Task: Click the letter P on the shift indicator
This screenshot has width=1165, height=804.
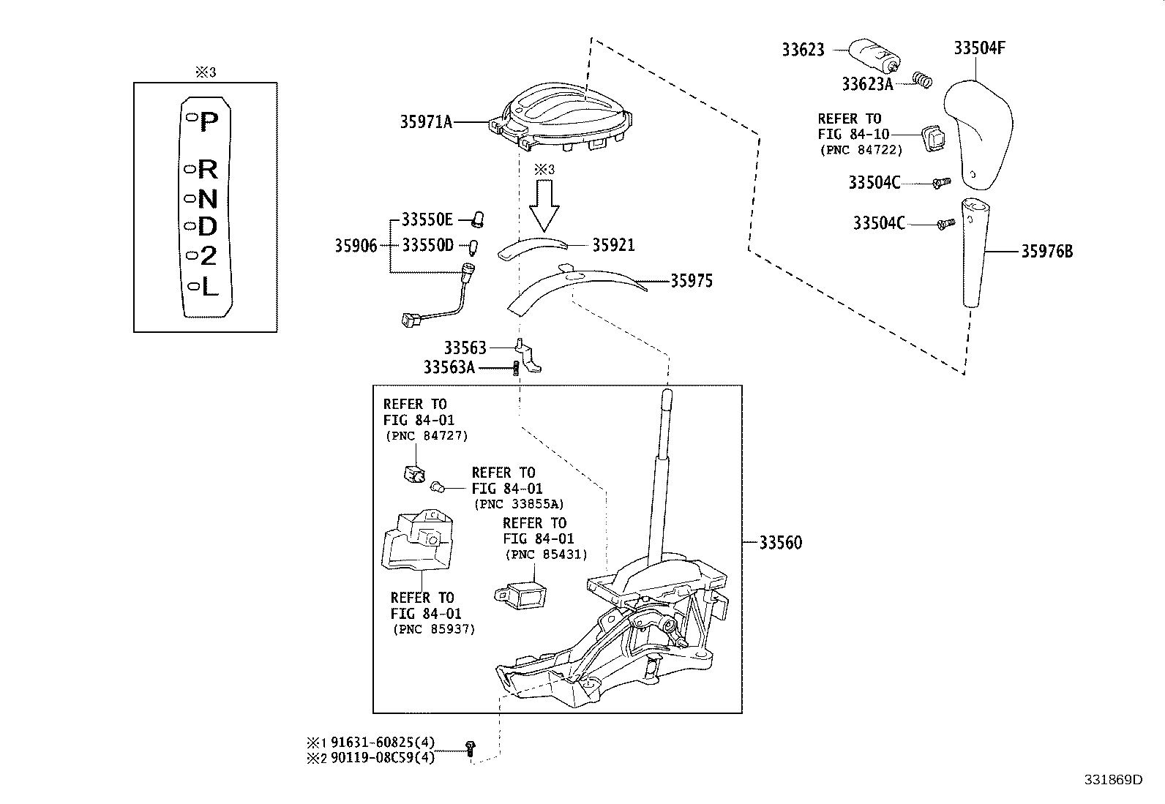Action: (x=209, y=121)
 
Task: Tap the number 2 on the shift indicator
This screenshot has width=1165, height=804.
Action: (x=208, y=256)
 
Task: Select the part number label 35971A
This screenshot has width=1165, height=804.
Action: (x=426, y=122)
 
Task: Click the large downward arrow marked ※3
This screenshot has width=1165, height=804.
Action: (x=544, y=207)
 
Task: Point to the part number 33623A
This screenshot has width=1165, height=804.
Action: (x=867, y=84)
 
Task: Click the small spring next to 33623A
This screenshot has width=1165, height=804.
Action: (x=922, y=79)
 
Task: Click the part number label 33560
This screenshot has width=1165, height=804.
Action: (x=780, y=543)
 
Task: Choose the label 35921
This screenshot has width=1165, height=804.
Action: (x=613, y=246)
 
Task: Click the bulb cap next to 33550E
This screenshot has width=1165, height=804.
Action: (x=480, y=219)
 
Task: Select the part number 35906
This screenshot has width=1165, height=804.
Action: (x=356, y=247)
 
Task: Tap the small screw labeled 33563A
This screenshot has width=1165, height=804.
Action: (x=517, y=368)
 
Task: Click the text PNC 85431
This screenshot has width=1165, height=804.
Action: (x=546, y=555)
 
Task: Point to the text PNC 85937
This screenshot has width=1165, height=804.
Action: (x=433, y=628)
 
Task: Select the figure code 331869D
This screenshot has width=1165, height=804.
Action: (x=1112, y=780)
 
